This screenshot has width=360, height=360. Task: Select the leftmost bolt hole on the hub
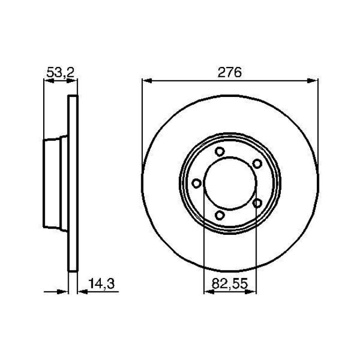(x=196, y=183)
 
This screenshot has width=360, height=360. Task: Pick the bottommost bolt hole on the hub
(x=219, y=215)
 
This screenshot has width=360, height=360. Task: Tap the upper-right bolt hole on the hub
(x=256, y=163)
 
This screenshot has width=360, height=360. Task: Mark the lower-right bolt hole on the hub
(x=256, y=203)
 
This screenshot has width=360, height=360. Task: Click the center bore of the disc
(x=230, y=183)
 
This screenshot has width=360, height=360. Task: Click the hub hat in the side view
(x=55, y=183)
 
